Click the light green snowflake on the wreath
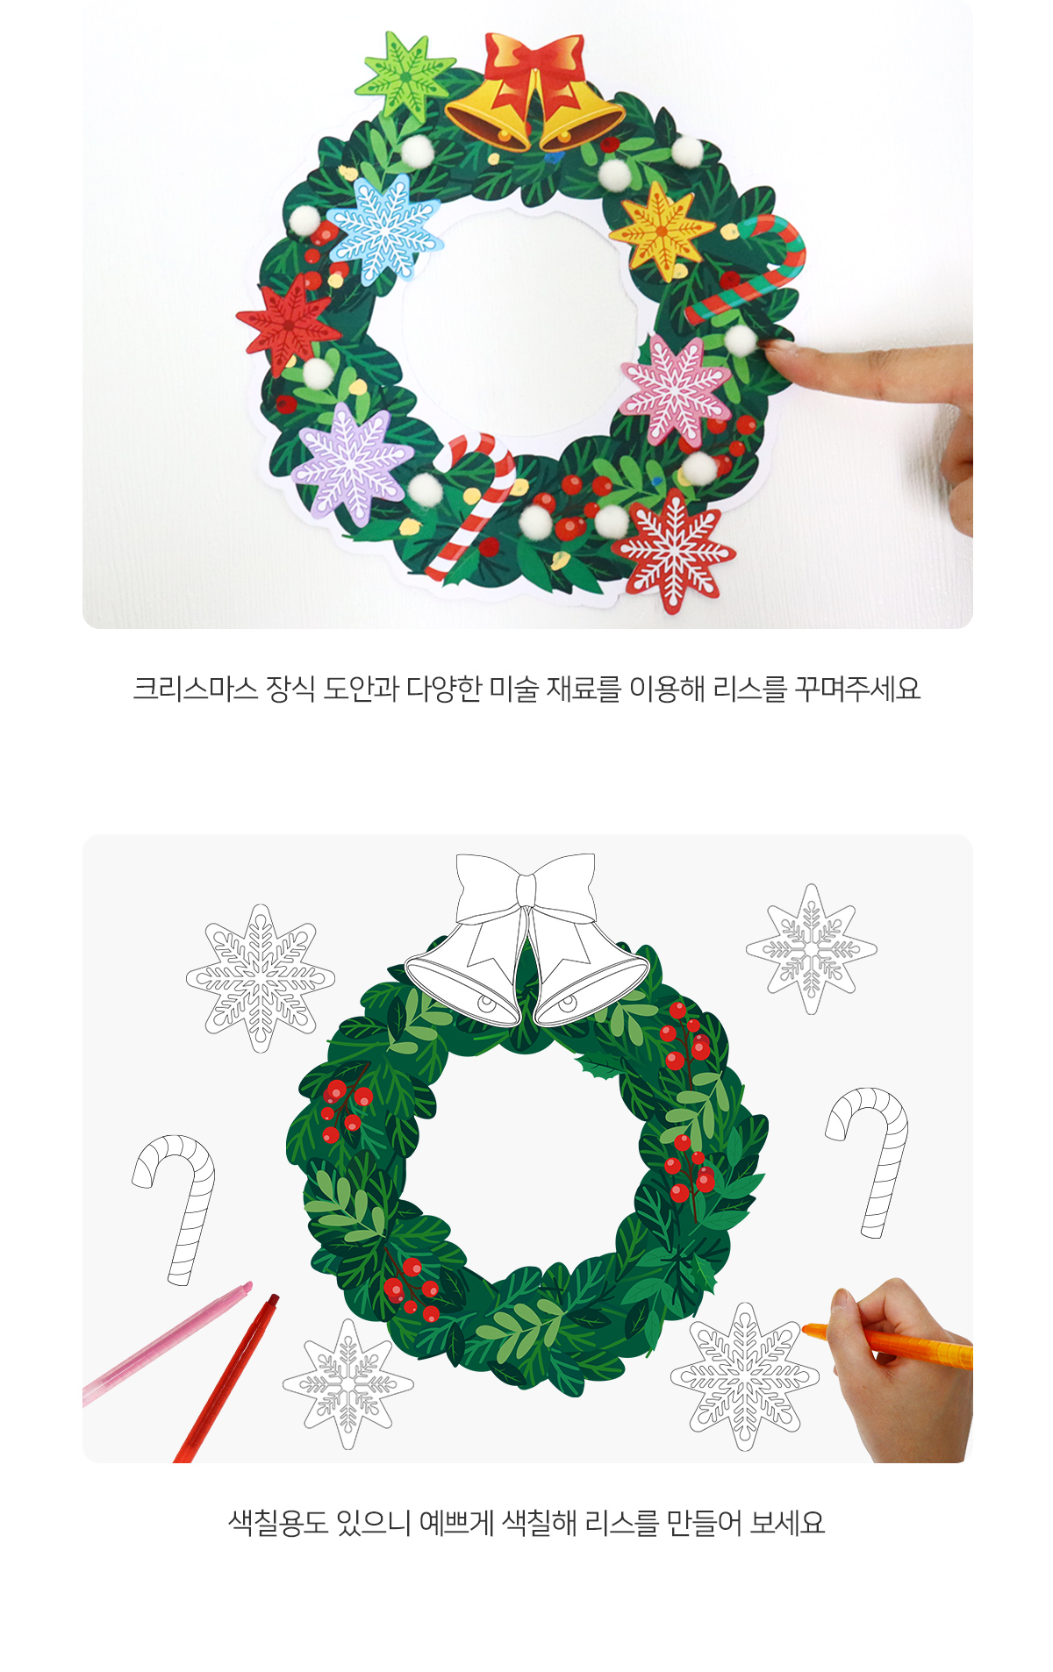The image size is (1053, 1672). point(405,75)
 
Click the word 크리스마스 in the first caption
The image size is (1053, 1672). point(195,689)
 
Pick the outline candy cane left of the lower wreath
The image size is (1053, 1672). point(176,1207)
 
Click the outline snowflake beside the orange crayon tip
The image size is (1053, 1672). point(745,1375)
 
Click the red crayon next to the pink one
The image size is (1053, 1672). point(226,1377)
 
